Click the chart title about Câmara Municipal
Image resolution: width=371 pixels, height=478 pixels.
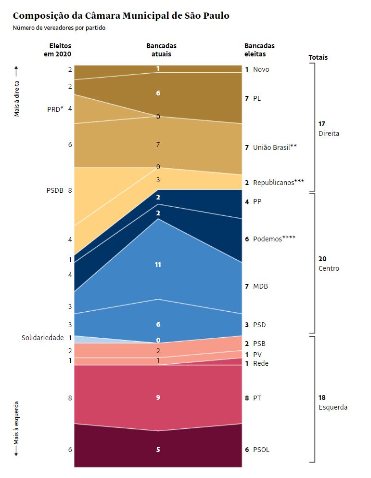(x=121, y=16)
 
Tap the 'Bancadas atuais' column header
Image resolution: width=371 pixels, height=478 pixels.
(x=161, y=50)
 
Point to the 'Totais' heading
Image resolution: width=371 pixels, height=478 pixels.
(x=318, y=57)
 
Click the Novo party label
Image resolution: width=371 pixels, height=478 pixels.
(x=261, y=69)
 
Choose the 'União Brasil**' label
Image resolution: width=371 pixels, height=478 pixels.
(x=275, y=147)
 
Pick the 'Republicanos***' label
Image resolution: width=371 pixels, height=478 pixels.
(x=279, y=183)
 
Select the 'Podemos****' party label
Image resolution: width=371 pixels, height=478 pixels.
(x=274, y=239)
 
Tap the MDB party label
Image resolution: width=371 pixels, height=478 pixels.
(x=260, y=286)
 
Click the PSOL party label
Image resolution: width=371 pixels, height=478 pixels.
(x=261, y=450)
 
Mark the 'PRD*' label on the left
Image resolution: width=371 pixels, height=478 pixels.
(x=55, y=109)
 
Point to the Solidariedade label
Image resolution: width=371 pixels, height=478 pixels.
(x=42, y=338)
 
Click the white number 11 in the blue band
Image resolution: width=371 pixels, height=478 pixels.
(x=158, y=265)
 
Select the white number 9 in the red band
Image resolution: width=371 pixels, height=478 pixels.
(x=158, y=398)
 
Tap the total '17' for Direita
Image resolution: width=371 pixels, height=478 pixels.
(x=322, y=124)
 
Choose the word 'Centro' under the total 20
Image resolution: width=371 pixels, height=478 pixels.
(x=329, y=268)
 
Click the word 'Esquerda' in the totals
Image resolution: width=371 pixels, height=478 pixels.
(x=333, y=407)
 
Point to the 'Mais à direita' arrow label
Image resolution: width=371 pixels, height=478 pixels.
(x=17, y=92)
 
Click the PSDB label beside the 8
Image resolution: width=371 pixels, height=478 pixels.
(x=55, y=190)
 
